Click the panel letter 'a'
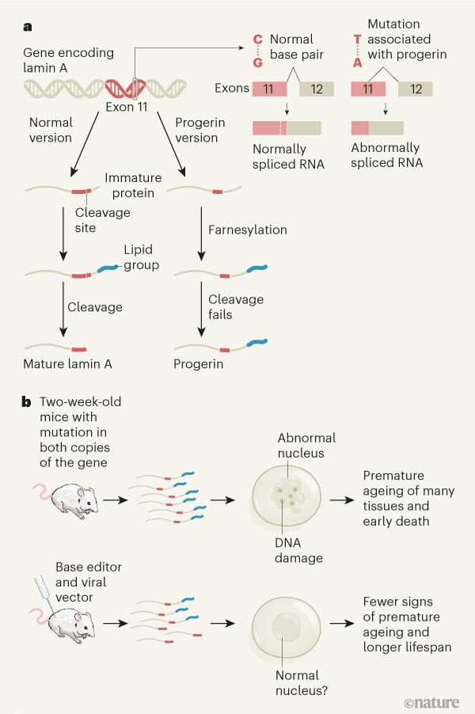(x=28, y=28)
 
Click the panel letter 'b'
(x=28, y=402)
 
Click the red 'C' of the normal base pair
(x=256, y=38)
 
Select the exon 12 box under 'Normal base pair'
(x=305, y=89)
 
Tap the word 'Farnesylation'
(x=247, y=230)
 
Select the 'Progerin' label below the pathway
(x=199, y=364)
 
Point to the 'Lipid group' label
(x=141, y=257)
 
